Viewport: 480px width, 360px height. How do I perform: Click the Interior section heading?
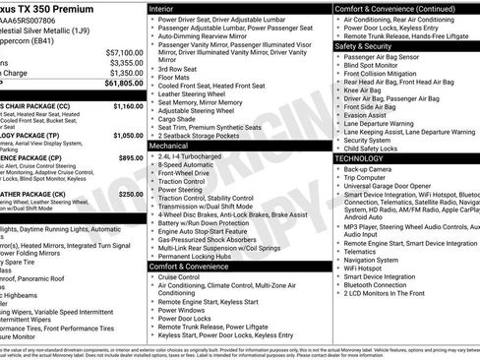tap(167, 8)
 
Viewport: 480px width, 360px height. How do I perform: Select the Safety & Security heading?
tap(370, 46)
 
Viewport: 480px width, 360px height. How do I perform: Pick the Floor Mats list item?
tap(178, 78)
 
